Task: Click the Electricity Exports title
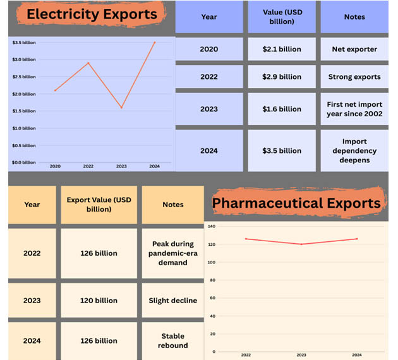click(92, 14)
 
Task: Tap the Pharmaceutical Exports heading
click(296, 203)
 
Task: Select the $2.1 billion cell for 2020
click(282, 49)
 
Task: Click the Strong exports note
click(354, 77)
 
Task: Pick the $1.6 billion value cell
click(282, 109)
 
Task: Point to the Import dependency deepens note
click(354, 151)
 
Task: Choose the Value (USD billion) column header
click(282, 17)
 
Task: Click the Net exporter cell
click(354, 49)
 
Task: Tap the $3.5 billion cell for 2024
click(282, 151)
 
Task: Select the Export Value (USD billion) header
click(99, 205)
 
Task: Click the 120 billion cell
click(99, 301)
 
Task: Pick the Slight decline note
click(173, 301)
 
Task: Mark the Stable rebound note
click(173, 341)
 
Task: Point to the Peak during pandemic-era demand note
click(173, 253)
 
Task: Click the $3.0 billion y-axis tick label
click(24, 59)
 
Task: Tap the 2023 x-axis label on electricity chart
click(121, 166)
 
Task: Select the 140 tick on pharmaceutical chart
click(211, 226)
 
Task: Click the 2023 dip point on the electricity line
click(121, 108)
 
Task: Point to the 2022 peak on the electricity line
click(88, 63)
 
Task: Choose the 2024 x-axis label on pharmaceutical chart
click(357, 355)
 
